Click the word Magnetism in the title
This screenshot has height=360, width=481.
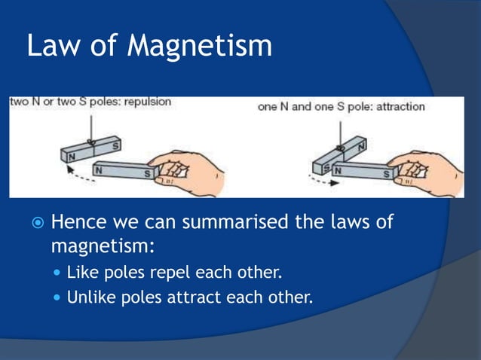[199, 47]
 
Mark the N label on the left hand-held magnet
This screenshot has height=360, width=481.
[98, 170]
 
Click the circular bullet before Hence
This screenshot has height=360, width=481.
[35, 224]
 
